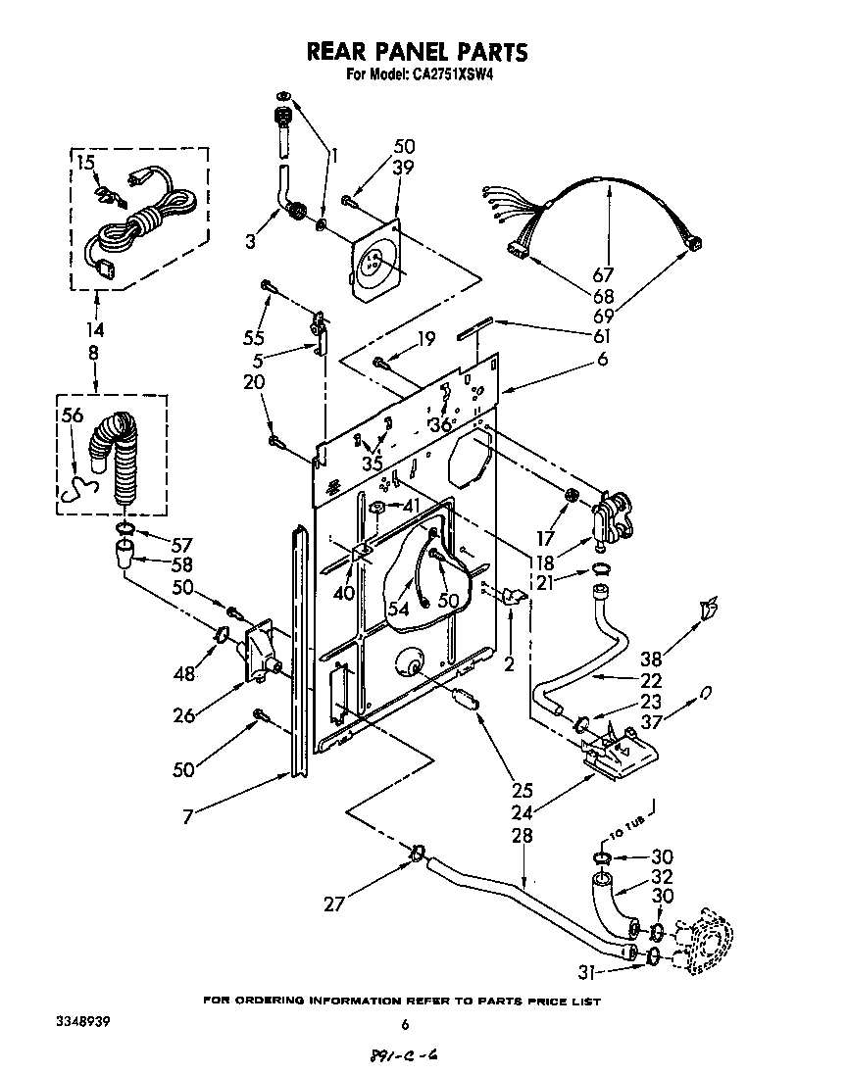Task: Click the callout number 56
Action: [74, 415]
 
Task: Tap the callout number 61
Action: [601, 336]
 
